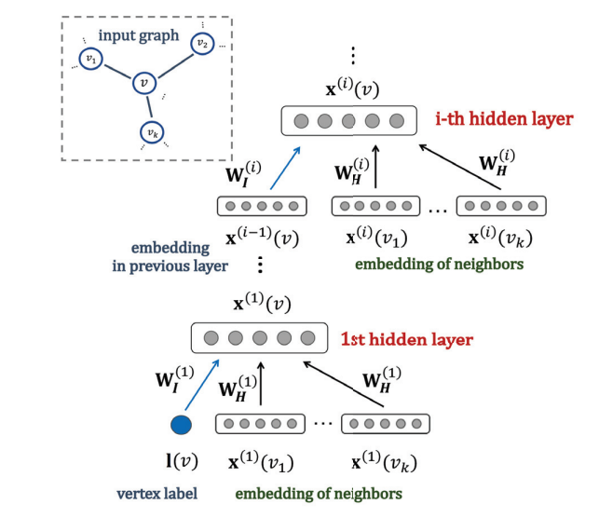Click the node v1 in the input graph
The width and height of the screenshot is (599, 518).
coord(89,61)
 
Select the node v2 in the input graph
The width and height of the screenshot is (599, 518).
coord(201,42)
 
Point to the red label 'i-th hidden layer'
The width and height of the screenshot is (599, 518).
coord(503,120)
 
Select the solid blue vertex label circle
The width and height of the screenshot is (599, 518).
coord(182,425)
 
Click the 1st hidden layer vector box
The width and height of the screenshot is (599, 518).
coord(259,338)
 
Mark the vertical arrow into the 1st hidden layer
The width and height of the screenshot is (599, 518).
coord(261,386)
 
